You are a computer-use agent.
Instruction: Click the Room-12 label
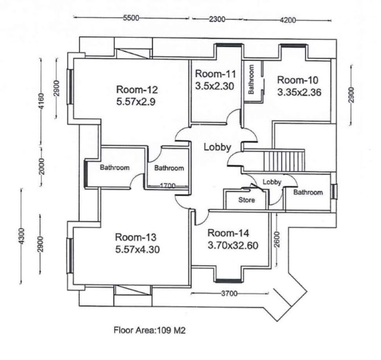[x=137, y=89]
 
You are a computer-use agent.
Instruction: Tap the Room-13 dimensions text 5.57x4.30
[x=138, y=250]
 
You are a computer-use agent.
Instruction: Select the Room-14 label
[x=228, y=233]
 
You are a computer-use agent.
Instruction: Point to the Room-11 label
[x=216, y=74]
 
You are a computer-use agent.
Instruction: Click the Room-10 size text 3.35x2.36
[x=299, y=92]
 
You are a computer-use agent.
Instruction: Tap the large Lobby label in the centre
[x=217, y=147]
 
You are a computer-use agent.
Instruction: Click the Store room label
[x=247, y=200]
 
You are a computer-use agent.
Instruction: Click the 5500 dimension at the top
[x=131, y=18]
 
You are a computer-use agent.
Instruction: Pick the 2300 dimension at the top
[x=217, y=19]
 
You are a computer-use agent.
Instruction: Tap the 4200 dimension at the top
[x=288, y=20]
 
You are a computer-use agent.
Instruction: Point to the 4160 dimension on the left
[x=41, y=101]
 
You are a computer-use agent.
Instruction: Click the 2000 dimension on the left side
[x=42, y=167]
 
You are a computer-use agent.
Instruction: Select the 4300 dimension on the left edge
[x=22, y=236]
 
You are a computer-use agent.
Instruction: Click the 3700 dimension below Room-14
[x=229, y=293]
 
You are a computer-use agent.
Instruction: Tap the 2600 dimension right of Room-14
[x=277, y=239]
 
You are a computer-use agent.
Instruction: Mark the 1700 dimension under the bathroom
[x=168, y=186]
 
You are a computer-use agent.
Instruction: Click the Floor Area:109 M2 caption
[x=150, y=330]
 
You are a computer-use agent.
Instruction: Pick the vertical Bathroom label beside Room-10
[x=251, y=79]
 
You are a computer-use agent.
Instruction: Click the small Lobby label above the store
[x=272, y=182]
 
